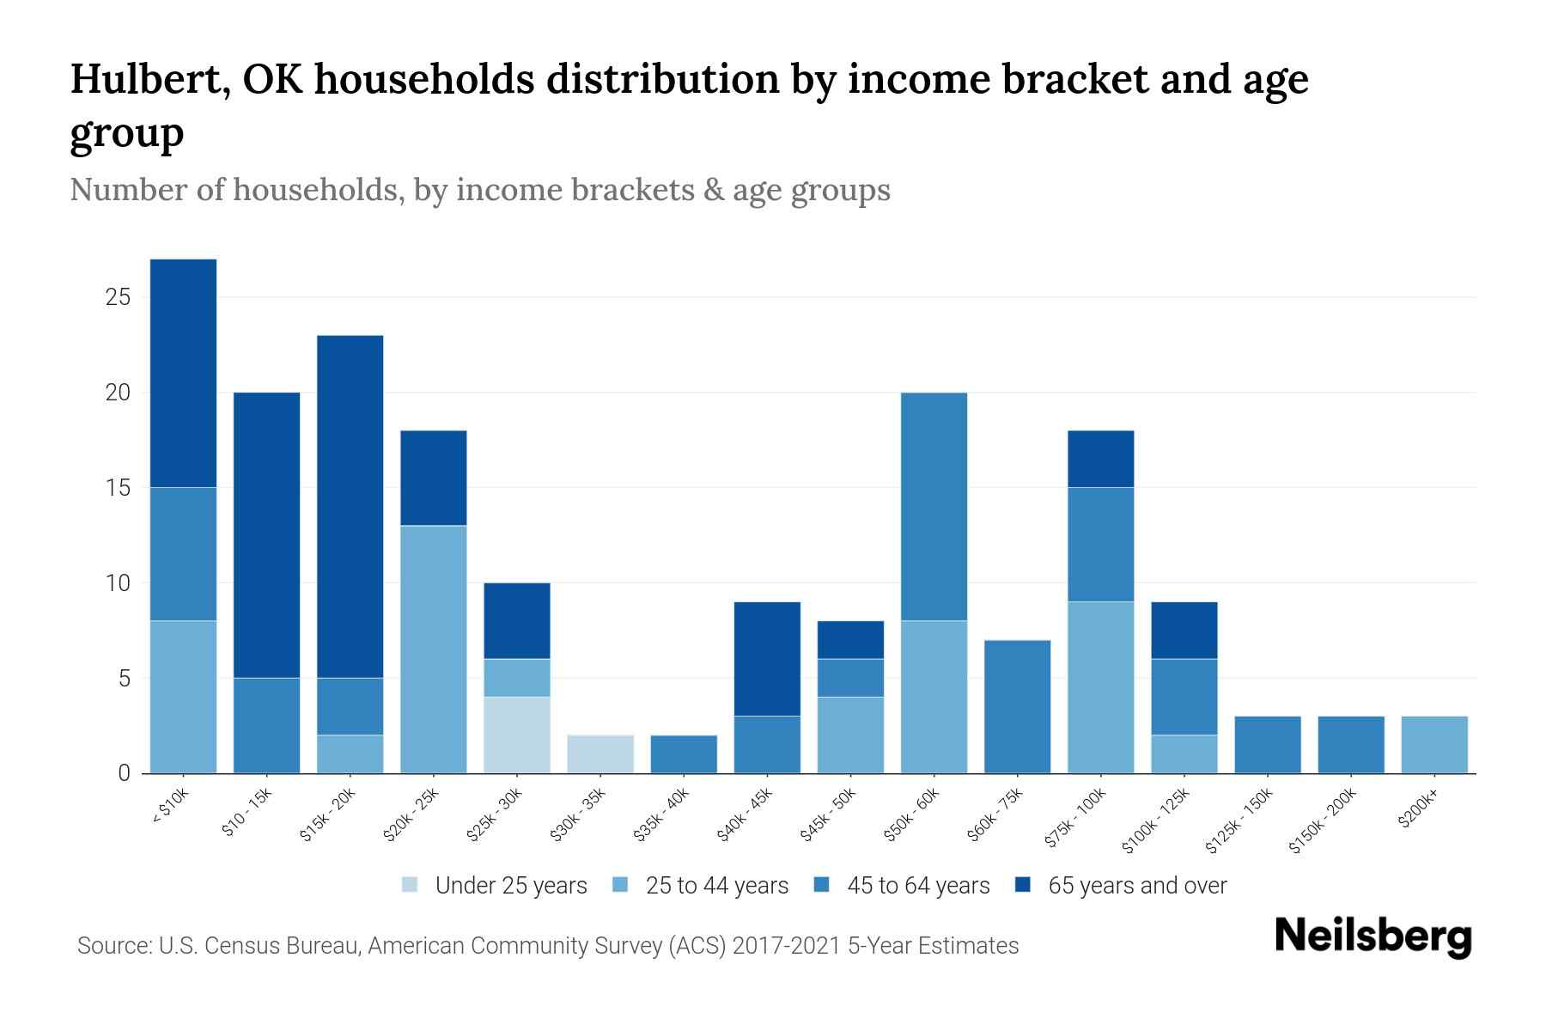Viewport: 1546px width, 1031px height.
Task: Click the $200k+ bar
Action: [x=1433, y=744]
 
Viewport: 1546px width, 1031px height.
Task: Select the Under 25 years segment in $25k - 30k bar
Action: [x=517, y=735]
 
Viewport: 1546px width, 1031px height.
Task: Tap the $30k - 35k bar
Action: [x=600, y=753]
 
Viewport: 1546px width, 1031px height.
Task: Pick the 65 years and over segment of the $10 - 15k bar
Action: [x=267, y=534]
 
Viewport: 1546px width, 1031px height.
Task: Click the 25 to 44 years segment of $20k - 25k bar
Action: [x=434, y=649]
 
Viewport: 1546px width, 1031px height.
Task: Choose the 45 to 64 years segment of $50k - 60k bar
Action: [x=934, y=506]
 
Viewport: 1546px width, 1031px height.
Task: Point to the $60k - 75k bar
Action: [x=1017, y=706]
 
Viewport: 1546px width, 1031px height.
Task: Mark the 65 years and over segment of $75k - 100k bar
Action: [x=1100, y=459]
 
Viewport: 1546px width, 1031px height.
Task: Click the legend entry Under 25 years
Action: [x=510, y=886]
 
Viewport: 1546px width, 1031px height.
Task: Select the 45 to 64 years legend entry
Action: [x=917, y=886]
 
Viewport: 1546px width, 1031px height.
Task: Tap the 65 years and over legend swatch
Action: [x=1024, y=885]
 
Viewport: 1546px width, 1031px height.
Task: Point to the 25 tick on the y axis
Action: [x=118, y=297]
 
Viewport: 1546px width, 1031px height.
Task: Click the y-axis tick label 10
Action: [x=118, y=583]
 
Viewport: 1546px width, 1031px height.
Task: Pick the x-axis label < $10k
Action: [x=170, y=808]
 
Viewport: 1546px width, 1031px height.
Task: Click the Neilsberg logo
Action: [x=1373, y=936]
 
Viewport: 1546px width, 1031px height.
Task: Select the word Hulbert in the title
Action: [x=148, y=79]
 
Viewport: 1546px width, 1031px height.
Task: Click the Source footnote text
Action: [x=547, y=946]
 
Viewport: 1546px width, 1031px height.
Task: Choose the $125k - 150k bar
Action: [x=1267, y=744]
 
